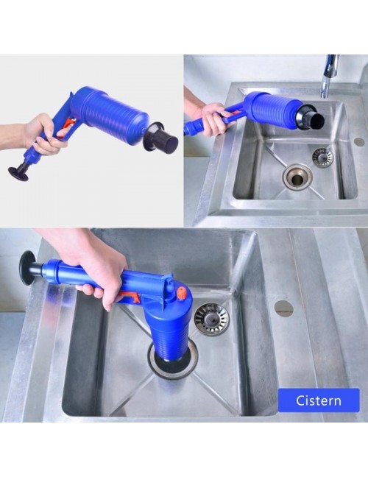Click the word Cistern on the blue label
coord(319,400)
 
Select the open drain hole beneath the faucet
coord(297,177)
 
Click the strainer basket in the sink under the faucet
coord(322,157)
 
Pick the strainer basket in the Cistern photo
coord(211,319)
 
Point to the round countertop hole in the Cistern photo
coord(283,308)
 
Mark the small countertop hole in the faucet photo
coord(359,141)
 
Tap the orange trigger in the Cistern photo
coord(130,297)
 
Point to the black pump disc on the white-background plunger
coord(19,174)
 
